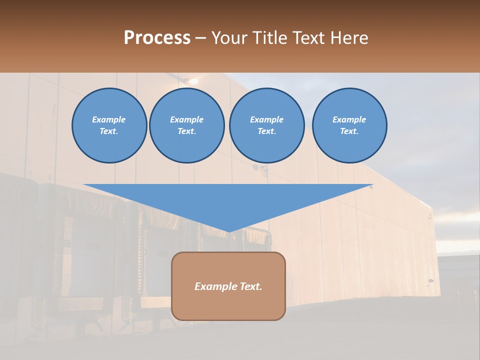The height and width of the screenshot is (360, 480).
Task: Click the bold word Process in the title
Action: (157, 37)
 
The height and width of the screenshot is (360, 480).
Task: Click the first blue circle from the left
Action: (109, 125)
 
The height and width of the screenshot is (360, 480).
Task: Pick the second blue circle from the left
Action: (187, 125)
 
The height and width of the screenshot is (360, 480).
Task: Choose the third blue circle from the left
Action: (267, 125)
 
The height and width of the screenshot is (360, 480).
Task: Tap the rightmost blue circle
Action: (349, 125)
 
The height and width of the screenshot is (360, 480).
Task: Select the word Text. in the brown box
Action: (250, 286)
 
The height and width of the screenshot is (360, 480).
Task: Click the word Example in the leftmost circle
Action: (109, 119)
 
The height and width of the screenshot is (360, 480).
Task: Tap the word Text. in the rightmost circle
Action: (349, 131)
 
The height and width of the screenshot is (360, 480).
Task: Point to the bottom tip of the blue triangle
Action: (228, 231)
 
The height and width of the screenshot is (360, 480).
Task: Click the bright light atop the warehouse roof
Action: (193, 80)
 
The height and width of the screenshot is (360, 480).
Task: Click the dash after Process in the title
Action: (200, 38)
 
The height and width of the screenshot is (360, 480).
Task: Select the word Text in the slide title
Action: (309, 37)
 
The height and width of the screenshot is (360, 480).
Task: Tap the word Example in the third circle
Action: (267, 119)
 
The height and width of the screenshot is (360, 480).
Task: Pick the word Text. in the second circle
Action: (187, 131)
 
